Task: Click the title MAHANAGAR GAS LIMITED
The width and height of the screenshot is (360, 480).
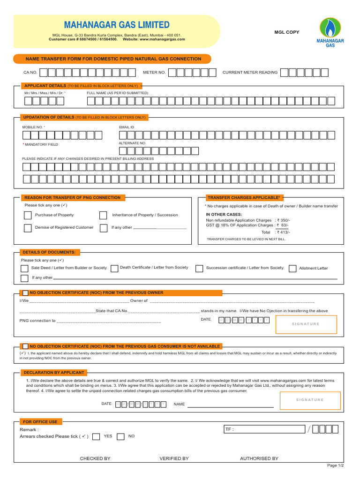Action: pyautogui.click(x=117, y=25)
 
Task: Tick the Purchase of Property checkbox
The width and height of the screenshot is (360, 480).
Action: pyautogui.click(x=28, y=215)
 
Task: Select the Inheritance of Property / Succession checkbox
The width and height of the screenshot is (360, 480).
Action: pyautogui.click(x=103, y=215)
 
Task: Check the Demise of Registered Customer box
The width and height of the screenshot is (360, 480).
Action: pyautogui.click(x=28, y=228)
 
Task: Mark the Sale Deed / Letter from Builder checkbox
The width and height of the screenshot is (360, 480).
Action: pyautogui.click(x=24, y=269)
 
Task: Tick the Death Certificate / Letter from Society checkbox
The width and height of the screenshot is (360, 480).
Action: pyautogui.click(x=114, y=269)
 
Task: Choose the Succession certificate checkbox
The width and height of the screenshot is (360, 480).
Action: pyautogui.click(x=199, y=269)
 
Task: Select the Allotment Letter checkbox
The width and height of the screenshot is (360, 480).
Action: pyautogui.click(x=292, y=269)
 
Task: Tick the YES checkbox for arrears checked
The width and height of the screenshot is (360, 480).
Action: pyautogui.click(x=96, y=436)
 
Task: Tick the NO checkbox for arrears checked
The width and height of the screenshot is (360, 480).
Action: pyautogui.click(x=120, y=436)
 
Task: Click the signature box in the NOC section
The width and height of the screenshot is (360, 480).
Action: pyautogui.click(x=306, y=324)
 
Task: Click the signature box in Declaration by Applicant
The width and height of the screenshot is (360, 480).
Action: pyautogui.click(x=310, y=400)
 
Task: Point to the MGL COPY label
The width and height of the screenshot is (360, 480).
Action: pyautogui.click(x=286, y=32)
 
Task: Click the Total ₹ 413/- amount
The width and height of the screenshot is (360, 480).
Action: pyautogui.click(x=282, y=232)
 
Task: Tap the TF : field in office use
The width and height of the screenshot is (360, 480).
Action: pyautogui.click(x=265, y=429)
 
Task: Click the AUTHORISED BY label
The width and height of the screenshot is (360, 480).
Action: pyautogui.click(x=259, y=458)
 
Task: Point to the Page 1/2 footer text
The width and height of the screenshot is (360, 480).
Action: pyautogui.click(x=335, y=465)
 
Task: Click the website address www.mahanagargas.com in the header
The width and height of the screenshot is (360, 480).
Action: pyautogui.click(x=162, y=39)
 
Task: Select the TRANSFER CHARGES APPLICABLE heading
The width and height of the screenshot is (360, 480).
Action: pyautogui.click(x=244, y=198)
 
